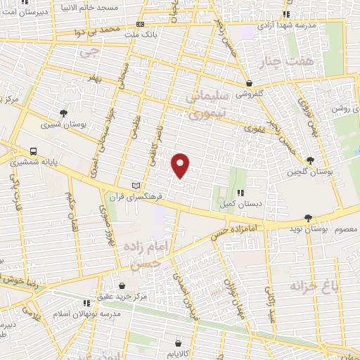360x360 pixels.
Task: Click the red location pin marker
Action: coord(180,165)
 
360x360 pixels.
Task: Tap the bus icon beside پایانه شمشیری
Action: coord(34,150)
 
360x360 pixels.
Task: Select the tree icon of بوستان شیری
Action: coord(63,112)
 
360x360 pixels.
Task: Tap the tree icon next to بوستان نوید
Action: coord(320,229)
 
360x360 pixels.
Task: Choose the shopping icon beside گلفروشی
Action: coord(249,82)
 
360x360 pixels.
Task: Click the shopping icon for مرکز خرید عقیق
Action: coord(122,285)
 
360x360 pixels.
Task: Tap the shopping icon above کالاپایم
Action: coord(187,335)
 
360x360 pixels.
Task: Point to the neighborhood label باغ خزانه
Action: coord(314,286)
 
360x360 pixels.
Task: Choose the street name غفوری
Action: coord(251,128)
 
